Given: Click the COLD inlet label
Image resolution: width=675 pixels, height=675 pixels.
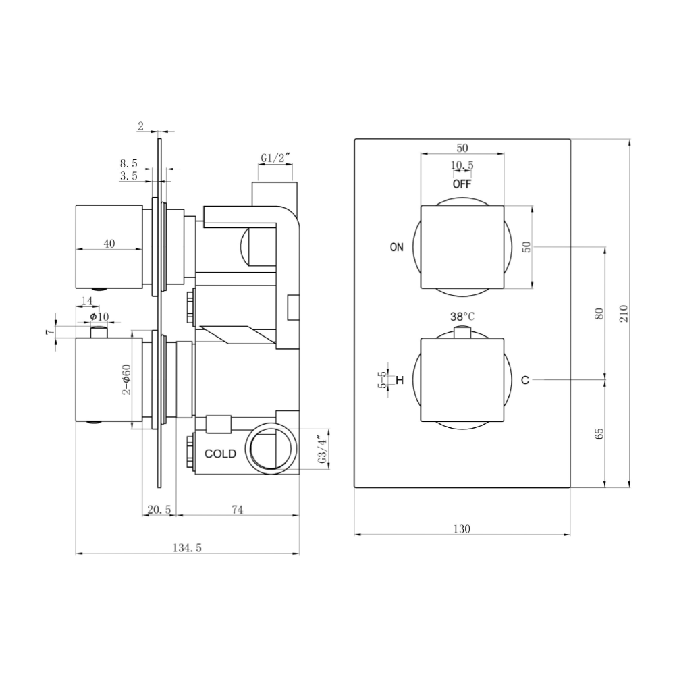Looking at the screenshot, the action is [x=220, y=454].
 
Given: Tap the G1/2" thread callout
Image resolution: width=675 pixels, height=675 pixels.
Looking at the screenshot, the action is [x=276, y=158].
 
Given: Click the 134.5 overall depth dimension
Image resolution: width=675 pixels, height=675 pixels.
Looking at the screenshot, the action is [x=187, y=547].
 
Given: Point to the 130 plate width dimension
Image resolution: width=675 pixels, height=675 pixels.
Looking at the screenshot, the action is [x=462, y=529].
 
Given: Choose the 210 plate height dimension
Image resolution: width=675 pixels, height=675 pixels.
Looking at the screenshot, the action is [x=624, y=313].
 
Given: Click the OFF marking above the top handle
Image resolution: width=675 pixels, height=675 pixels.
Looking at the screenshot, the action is [x=462, y=184].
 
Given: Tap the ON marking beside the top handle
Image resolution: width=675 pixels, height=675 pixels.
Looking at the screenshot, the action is [x=396, y=247].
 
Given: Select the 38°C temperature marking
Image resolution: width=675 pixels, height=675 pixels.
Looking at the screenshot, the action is [x=462, y=317].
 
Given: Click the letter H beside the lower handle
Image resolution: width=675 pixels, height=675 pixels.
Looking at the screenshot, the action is [x=400, y=380].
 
